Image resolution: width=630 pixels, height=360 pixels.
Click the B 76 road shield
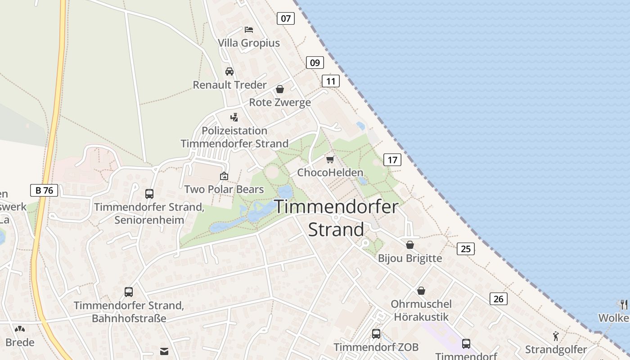click(44, 190)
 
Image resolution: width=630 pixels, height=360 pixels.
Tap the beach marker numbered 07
click(285, 18)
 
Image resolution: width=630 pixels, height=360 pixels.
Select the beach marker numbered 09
click(315, 63)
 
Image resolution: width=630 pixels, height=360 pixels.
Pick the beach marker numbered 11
click(331, 81)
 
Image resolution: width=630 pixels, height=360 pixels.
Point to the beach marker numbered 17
click(392, 160)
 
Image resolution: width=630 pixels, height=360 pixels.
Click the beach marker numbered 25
click(465, 248)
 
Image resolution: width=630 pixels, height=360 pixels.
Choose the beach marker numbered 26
click(498, 299)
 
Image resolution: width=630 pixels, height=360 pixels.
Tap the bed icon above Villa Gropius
click(248, 30)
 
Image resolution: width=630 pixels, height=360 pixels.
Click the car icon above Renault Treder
click(229, 72)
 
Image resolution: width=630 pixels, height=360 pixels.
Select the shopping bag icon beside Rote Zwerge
click(280, 89)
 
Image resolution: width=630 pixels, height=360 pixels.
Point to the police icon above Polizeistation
click(234, 117)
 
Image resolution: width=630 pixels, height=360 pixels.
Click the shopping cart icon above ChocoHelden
click(330, 159)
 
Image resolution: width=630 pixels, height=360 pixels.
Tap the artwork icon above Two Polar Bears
click(224, 176)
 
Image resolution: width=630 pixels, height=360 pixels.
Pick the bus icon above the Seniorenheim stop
click(149, 194)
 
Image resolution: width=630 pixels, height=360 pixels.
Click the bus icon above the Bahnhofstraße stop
click(129, 292)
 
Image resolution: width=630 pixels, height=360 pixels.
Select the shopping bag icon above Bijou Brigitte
click(410, 245)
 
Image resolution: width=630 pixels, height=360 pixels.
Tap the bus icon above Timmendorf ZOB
click(376, 334)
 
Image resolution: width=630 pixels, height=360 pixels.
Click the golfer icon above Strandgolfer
click(556, 336)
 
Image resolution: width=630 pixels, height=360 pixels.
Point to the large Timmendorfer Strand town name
click(336, 218)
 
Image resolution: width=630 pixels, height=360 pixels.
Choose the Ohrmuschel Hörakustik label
click(421, 310)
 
